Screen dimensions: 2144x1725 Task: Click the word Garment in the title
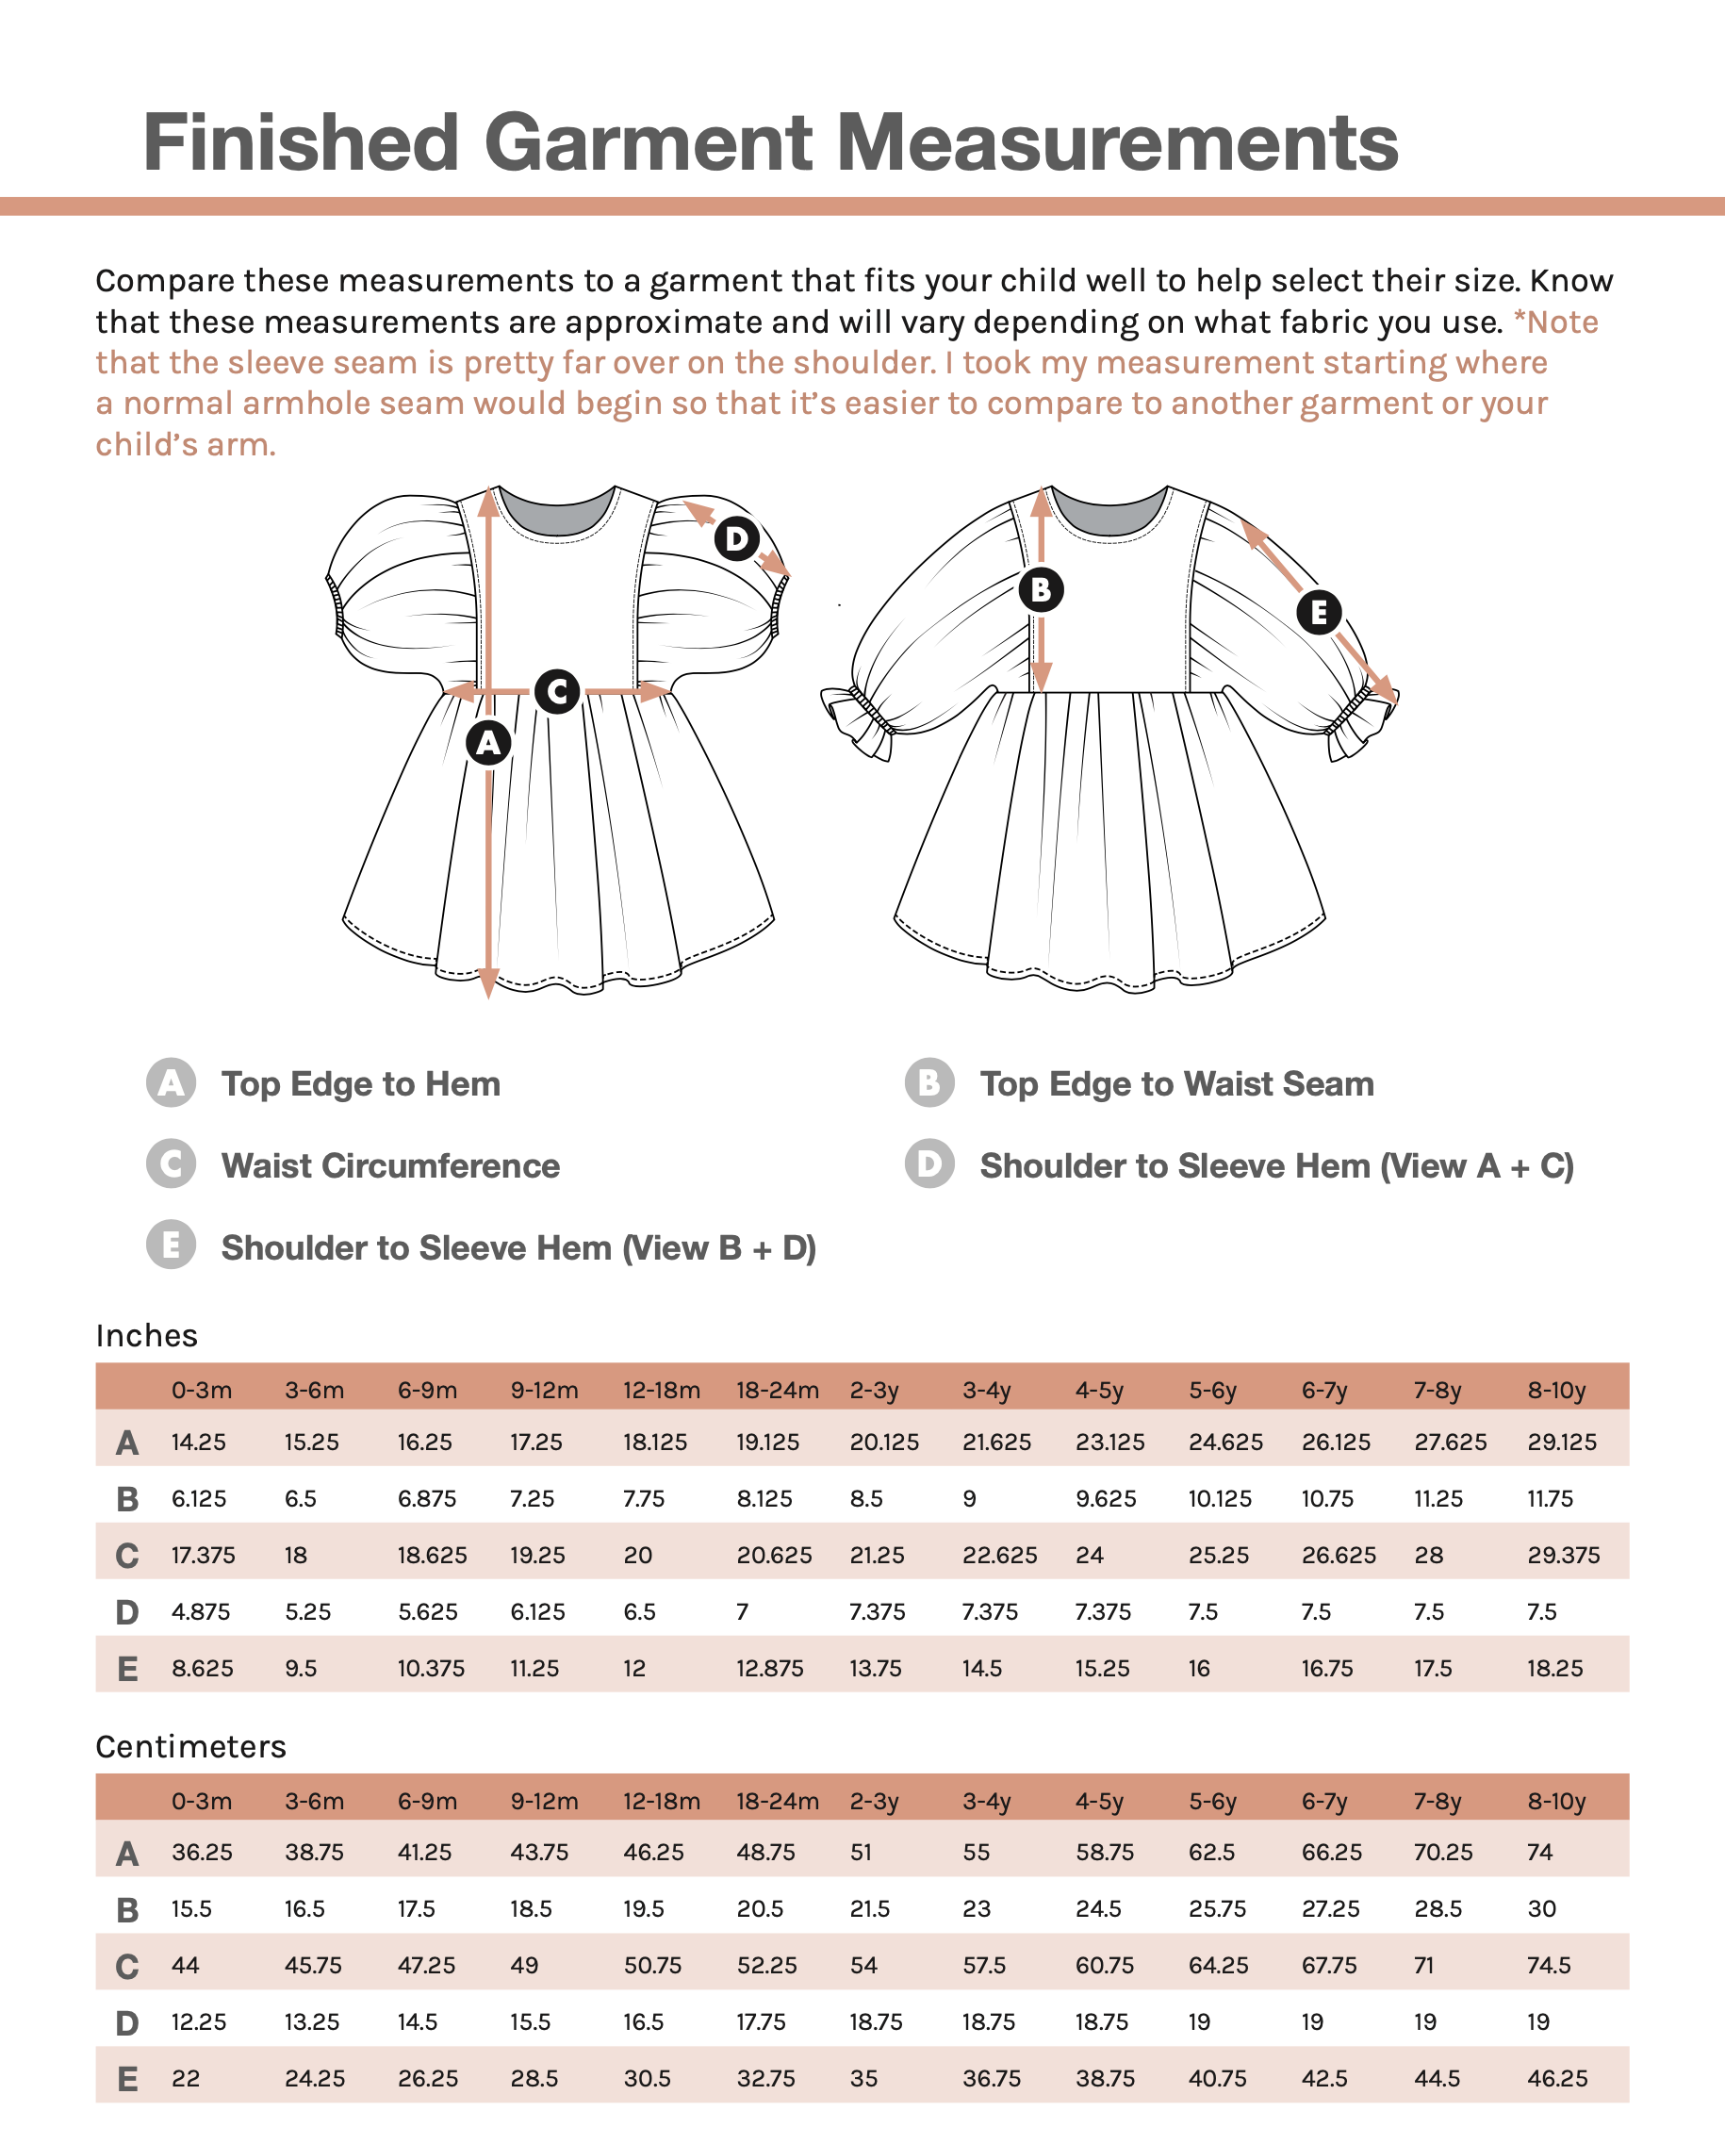649,142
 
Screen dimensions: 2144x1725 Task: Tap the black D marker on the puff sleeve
736,539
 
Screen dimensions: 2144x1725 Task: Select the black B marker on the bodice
1041,589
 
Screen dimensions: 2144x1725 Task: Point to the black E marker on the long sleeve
1319,612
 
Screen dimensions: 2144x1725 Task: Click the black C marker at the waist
557,691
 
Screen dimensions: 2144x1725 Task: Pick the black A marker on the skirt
488,743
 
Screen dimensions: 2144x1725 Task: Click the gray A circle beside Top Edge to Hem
171,1083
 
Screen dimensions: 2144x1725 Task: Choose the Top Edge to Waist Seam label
1176,1083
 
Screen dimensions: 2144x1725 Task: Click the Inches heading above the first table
147,1336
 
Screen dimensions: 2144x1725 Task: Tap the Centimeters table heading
191,1746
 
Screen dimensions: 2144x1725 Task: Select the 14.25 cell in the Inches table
199,1442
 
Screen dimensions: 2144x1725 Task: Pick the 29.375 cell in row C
1563,1556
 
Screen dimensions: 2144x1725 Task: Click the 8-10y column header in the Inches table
1556,1391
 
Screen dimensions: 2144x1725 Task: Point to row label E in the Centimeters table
127,2078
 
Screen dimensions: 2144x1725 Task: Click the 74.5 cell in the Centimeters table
1549,1965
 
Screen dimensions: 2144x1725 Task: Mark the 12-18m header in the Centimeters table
661,1801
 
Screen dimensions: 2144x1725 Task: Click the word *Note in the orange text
1555,322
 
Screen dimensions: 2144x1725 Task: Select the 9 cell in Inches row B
969,1498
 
